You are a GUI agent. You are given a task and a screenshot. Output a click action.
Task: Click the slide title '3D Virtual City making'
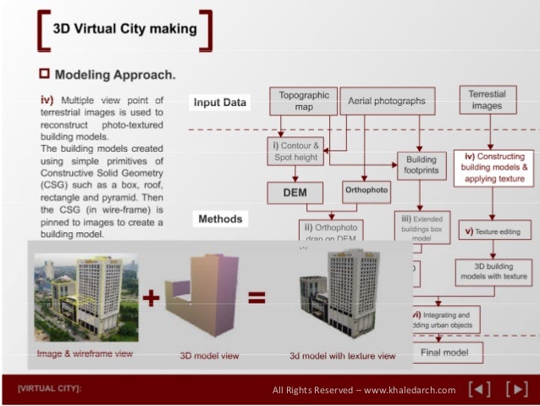pyautogui.click(x=124, y=29)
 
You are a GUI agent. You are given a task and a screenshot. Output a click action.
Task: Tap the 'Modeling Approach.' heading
pyautogui.click(x=114, y=75)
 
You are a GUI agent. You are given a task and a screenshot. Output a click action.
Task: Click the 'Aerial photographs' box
pyautogui.click(x=386, y=101)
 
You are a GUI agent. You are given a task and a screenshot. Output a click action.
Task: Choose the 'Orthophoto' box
pyautogui.click(x=366, y=192)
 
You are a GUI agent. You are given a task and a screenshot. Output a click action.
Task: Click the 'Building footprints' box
pyautogui.click(x=422, y=164)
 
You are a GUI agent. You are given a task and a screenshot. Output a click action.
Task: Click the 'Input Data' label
pyautogui.click(x=220, y=103)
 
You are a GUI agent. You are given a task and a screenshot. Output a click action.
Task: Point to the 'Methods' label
pyautogui.click(x=220, y=219)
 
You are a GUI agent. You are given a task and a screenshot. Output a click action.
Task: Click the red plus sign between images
pyautogui.click(x=152, y=299)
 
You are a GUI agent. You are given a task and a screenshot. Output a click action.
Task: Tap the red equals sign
pyautogui.click(x=256, y=298)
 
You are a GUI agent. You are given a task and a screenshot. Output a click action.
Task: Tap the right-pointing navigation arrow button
pyautogui.click(x=515, y=390)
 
